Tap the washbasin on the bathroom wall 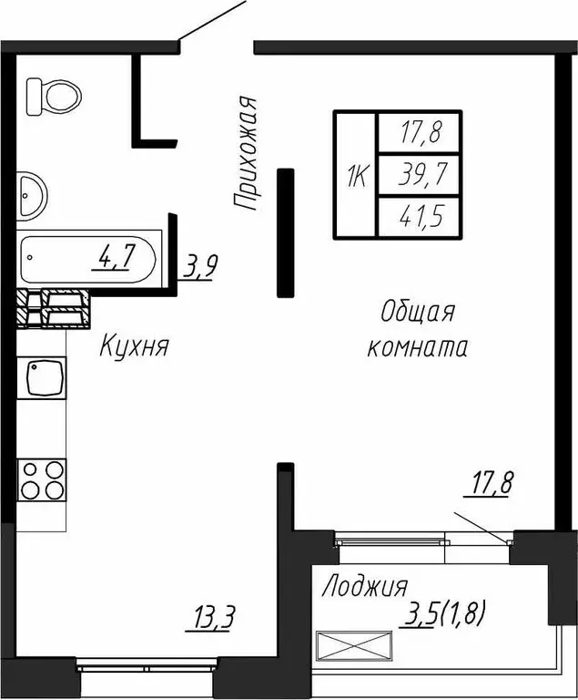coord(31,193)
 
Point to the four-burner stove coord(42,479)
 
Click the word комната coord(418,348)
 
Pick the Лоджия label coord(364,586)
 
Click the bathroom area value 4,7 coord(117,259)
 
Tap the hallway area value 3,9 coord(200,267)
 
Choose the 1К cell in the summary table coord(355,175)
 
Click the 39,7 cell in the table coord(418,175)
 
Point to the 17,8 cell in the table coord(418,133)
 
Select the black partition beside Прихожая coord(286,232)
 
